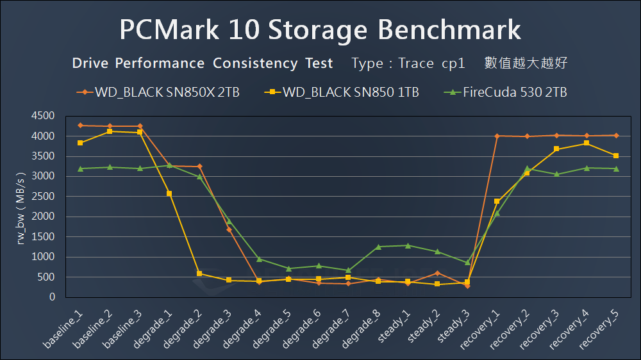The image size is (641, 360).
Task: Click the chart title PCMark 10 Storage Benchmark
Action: tap(320, 30)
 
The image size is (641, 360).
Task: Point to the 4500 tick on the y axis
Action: tap(42, 116)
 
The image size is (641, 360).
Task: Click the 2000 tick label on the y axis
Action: tap(42, 217)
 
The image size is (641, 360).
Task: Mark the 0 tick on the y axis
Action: tap(51, 297)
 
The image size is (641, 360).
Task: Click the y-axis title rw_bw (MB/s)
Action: tap(22, 207)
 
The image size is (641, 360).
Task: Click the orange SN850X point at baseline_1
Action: tap(80, 126)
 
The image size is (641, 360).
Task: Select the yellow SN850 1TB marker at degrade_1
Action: tap(169, 193)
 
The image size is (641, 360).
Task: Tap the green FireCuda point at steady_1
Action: tap(408, 245)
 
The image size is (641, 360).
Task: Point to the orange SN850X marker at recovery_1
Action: tap(497, 136)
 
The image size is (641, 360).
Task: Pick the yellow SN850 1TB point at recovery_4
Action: tap(587, 143)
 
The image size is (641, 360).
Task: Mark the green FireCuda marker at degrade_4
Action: tap(259, 259)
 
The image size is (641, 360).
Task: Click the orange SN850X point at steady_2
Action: tap(437, 273)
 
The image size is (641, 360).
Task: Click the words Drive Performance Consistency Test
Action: tap(203, 63)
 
